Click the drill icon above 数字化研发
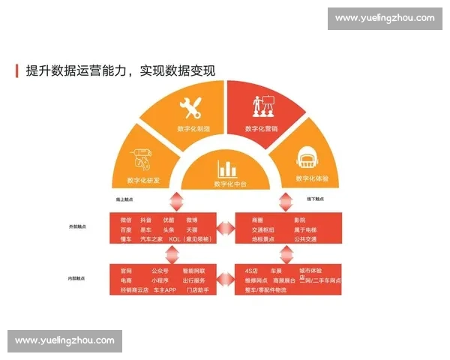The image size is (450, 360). click(x=141, y=160)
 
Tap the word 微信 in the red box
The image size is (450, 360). click(x=126, y=220)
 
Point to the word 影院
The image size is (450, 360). click(x=279, y=220)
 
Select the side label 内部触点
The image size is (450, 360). click(x=76, y=277)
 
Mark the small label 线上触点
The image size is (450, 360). click(x=124, y=199)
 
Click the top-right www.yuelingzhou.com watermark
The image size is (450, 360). click(x=384, y=18)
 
